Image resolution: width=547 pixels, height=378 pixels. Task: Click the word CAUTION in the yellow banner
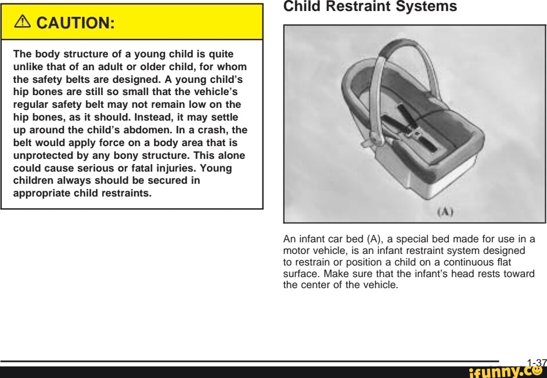75,23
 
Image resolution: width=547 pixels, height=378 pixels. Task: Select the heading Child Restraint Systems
370,7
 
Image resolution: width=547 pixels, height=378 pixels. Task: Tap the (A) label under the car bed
444,212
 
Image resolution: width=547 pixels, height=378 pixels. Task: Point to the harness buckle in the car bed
416,133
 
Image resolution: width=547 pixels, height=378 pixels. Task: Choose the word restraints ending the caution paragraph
125,193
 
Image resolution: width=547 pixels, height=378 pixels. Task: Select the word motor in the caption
296,250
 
